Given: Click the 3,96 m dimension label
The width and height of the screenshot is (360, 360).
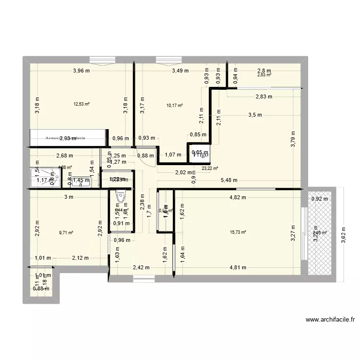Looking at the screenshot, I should click(82, 71).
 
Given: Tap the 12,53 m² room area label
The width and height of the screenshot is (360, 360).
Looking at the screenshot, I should click(82, 103).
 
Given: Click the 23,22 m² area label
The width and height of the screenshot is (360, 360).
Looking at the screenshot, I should click(210, 168).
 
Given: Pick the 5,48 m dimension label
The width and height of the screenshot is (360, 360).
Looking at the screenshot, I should click(230, 180).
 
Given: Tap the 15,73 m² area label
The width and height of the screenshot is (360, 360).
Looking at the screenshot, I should click(238, 232).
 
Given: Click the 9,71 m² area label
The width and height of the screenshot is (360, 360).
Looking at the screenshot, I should click(66, 233).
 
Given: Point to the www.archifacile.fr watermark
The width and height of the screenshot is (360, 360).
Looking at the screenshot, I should click(330, 320).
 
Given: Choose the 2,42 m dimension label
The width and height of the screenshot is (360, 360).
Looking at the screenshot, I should click(141, 268).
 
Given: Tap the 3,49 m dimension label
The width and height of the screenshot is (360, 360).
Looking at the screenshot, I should click(180, 71).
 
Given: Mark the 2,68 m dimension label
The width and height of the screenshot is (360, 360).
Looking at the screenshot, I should click(64, 155).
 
